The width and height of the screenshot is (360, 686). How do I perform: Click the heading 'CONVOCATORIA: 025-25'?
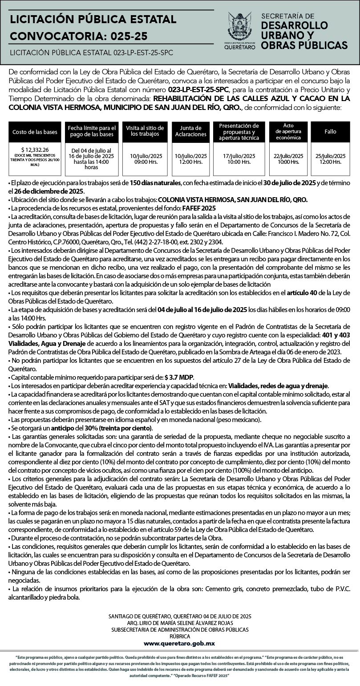point(79,36)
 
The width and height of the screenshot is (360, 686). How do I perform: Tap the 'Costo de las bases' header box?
point(35,132)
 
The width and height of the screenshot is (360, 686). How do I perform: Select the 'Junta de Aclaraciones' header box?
point(190,131)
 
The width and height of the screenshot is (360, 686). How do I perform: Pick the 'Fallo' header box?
point(330,132)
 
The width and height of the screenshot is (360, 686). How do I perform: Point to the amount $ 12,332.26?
point(35,150)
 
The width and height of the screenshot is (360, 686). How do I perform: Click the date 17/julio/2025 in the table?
point(239,156)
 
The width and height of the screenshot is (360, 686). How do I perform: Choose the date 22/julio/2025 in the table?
point(288,156)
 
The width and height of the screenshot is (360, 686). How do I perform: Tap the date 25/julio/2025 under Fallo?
point(330,156)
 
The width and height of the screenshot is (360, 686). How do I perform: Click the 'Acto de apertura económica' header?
point(288,131)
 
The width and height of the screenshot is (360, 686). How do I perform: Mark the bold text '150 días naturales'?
point(155,183)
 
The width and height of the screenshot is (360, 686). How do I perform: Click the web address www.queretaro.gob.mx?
point(180,643)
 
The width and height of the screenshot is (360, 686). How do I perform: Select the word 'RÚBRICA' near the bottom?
point(180,637)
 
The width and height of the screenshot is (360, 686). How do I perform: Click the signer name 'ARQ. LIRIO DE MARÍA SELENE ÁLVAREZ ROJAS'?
point(180,623)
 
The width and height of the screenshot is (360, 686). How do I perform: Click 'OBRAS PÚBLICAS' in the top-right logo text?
point(304,45)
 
